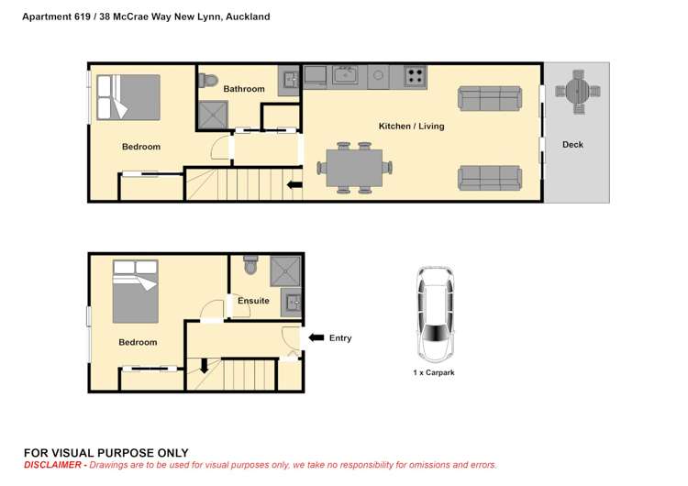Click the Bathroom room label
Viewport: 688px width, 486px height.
(244, 89)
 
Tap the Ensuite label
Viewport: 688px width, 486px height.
(253, 301)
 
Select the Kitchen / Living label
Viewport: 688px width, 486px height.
(411, 127)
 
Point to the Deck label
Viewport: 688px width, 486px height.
(572, 145)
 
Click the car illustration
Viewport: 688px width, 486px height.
(435, 314)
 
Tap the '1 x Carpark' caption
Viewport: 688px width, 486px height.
(434, 373)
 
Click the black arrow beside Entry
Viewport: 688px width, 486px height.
(316, 337)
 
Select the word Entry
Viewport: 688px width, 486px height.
(340, 338)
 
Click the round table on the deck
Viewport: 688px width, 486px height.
(577, 92)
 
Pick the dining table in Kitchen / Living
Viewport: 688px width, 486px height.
(354, 168)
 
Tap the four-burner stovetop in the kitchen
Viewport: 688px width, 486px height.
(415, 76)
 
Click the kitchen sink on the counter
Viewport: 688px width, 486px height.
(345, 74)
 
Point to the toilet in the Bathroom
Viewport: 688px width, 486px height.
(208, 81)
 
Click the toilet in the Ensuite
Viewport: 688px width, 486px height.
(250, 265)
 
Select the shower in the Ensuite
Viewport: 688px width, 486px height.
(285, 271)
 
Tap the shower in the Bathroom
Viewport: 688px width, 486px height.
(213, 115)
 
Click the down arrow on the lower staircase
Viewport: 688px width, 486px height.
(204, 366)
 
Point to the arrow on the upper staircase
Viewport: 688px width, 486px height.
(294, 185)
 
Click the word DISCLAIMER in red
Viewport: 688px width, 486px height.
(52, 465)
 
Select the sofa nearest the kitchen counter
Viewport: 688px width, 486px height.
(490, 98)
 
